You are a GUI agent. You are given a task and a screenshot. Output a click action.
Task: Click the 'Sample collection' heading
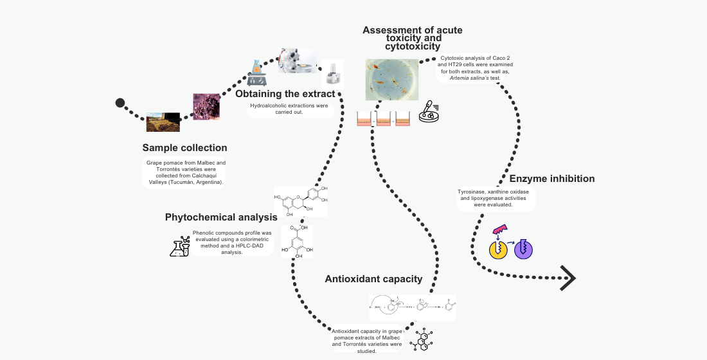click(x=184, y=148)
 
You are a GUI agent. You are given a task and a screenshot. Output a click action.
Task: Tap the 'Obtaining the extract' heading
click(x=285, y=94)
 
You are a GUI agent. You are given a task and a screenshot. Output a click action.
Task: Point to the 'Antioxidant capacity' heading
click(x=373, y=279)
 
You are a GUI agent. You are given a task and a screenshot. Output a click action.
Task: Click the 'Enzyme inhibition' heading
click(x=552, y=179)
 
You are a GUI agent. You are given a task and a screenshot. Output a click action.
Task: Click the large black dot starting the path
click(x=120, y=103)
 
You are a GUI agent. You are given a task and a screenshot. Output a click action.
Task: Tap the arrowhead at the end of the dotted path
click(x=568, y=278)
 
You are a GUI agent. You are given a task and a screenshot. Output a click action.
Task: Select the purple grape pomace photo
click(x=206, y=107)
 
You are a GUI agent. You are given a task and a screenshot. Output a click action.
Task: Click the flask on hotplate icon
click(x=256, y=73)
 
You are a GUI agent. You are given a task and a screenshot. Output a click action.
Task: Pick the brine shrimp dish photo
click(x=392, y=79)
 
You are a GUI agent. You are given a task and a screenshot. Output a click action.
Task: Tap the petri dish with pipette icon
click(x=429, y=112)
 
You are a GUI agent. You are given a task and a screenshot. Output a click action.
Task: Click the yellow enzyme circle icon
click(x=499, y=249)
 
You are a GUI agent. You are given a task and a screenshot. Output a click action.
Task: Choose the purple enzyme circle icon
click(x=524, y=249)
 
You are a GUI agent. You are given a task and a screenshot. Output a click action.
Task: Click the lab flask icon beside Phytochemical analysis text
click(x=180, y=247)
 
